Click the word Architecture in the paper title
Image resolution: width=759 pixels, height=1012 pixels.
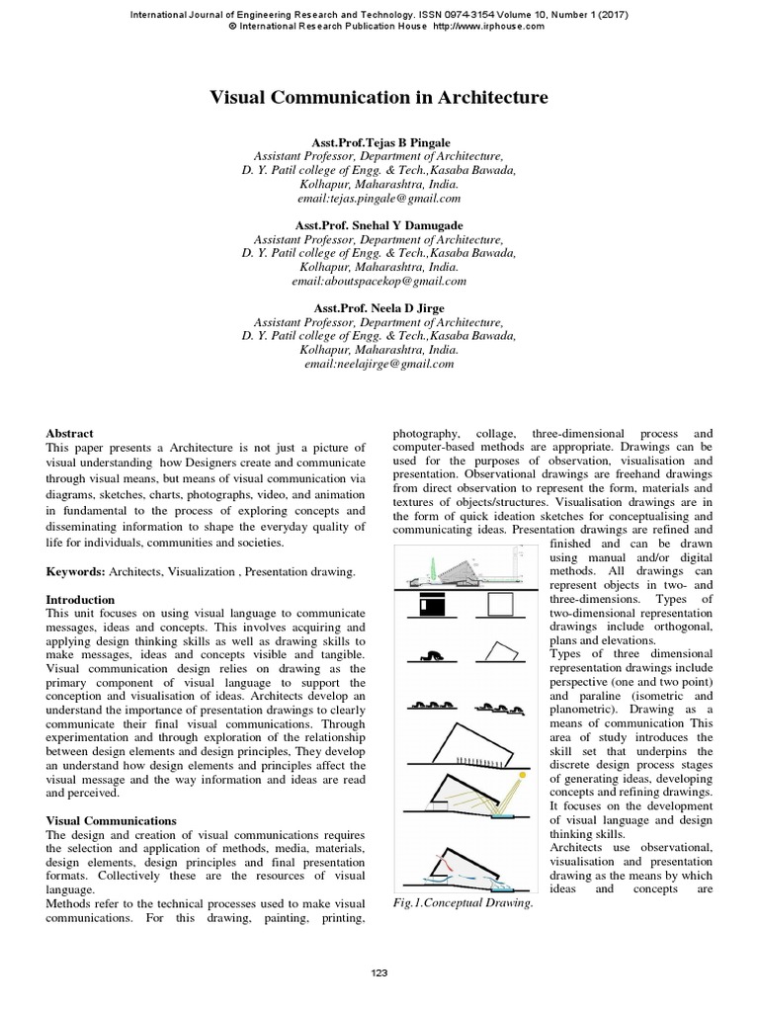(x=483, y=98)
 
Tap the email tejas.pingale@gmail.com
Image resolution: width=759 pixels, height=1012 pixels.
(x=379, y=198)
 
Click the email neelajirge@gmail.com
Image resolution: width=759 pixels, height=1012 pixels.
(x=379, y=364)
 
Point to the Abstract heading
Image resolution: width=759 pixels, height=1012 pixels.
(x=70, y=433)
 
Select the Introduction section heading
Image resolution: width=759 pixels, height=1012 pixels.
(x=81, y=600)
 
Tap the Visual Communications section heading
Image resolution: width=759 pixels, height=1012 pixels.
(x=112, y=821)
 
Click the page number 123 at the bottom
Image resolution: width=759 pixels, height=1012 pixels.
(x=379, y=973)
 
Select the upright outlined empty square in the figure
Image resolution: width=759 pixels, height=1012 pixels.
(x=499, y=605)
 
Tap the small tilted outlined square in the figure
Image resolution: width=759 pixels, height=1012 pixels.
(x=500, y=652)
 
